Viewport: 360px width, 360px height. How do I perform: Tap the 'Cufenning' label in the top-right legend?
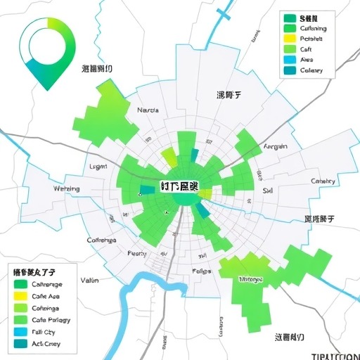tap(313, 28)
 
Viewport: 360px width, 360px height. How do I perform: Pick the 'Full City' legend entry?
tap(43, 331)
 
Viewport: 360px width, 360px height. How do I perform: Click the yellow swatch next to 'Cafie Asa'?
tap(20, 296)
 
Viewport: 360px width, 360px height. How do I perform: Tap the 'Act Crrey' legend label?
tap(46, 343)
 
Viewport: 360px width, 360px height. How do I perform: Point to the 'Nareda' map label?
tap(148, 110)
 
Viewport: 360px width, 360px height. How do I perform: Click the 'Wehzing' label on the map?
tap(67, 188)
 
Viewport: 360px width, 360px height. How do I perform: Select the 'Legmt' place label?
tap(98, 167)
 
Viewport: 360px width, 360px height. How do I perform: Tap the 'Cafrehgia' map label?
tap(101, 240)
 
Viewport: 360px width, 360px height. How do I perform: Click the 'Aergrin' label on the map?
tap(275, 147)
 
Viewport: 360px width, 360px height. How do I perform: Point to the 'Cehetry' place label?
tap(323, 181)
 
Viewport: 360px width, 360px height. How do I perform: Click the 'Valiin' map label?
tap(89, 280)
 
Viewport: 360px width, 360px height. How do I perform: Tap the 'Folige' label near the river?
tap(201, 271)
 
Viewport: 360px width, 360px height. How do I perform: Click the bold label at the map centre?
tap(179, 186)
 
